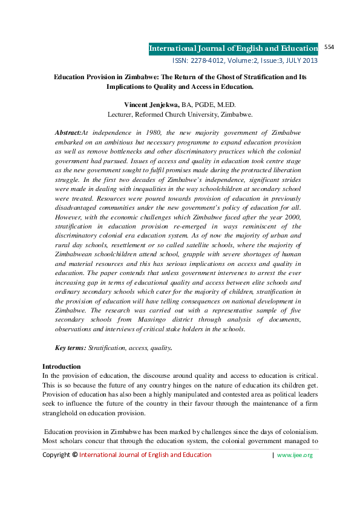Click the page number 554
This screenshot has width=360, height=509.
(330, 47)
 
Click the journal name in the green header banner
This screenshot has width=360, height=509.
(234, 49)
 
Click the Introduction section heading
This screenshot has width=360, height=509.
(61, 367)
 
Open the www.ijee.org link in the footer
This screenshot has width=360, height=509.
(295, 455)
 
